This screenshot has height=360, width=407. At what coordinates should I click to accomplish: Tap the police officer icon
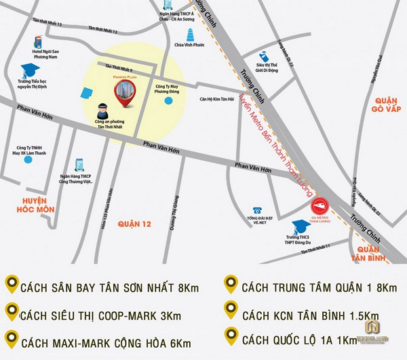tap(102, 108)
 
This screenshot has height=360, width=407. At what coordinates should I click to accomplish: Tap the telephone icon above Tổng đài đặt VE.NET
tap(258, 211)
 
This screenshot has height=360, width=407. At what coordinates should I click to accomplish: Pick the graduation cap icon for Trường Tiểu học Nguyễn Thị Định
tap(28, 70)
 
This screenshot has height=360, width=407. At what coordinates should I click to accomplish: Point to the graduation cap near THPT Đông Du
tap(298, 226)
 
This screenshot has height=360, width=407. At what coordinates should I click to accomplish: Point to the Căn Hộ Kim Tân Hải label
tap(216, 98)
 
